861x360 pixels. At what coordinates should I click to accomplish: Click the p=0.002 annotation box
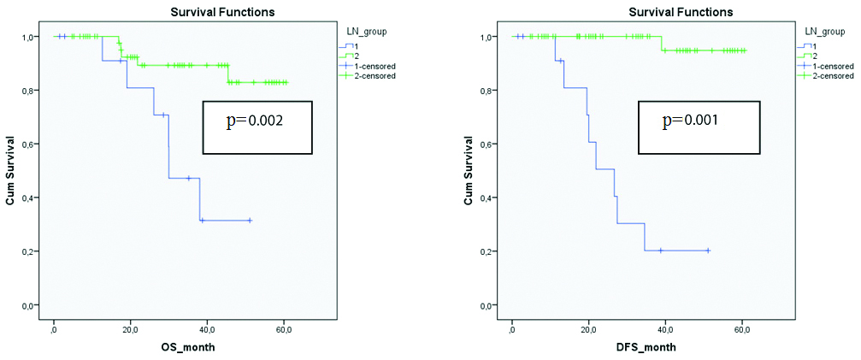257,127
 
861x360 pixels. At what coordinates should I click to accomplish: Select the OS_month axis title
188,347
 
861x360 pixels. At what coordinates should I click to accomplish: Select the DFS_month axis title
646,347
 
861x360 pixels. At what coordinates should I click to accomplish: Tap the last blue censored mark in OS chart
250,221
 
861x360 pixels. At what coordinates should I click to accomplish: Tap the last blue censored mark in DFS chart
708,251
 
